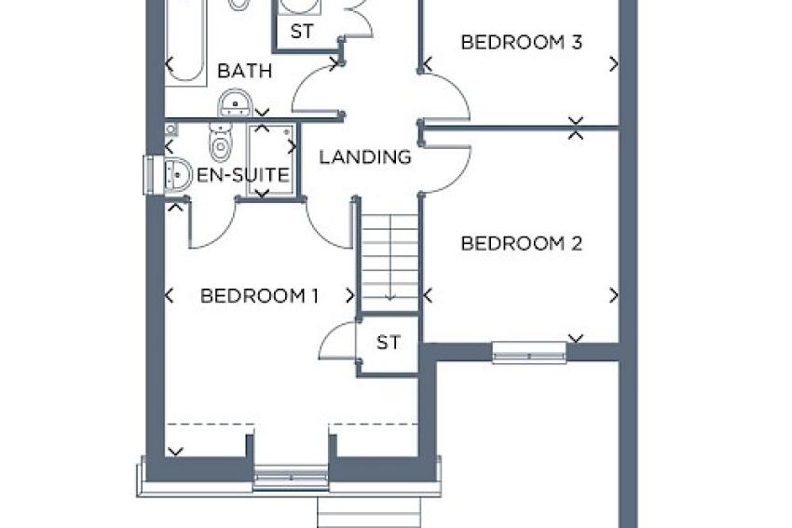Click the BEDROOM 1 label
[259, 296]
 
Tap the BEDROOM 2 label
[521, 244]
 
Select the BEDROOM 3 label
[521, 42]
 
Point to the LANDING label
[365, 157]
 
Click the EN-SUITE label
[243, 175]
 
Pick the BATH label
[244, 71]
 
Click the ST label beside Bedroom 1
[388, 343]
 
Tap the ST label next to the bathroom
[302, 32]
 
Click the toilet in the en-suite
[220, 142]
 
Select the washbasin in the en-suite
[176, 175]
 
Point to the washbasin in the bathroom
[236, 103]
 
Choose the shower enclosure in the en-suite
[272, 159]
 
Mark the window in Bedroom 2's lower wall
[529, 352]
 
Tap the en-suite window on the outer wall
[148, 175]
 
